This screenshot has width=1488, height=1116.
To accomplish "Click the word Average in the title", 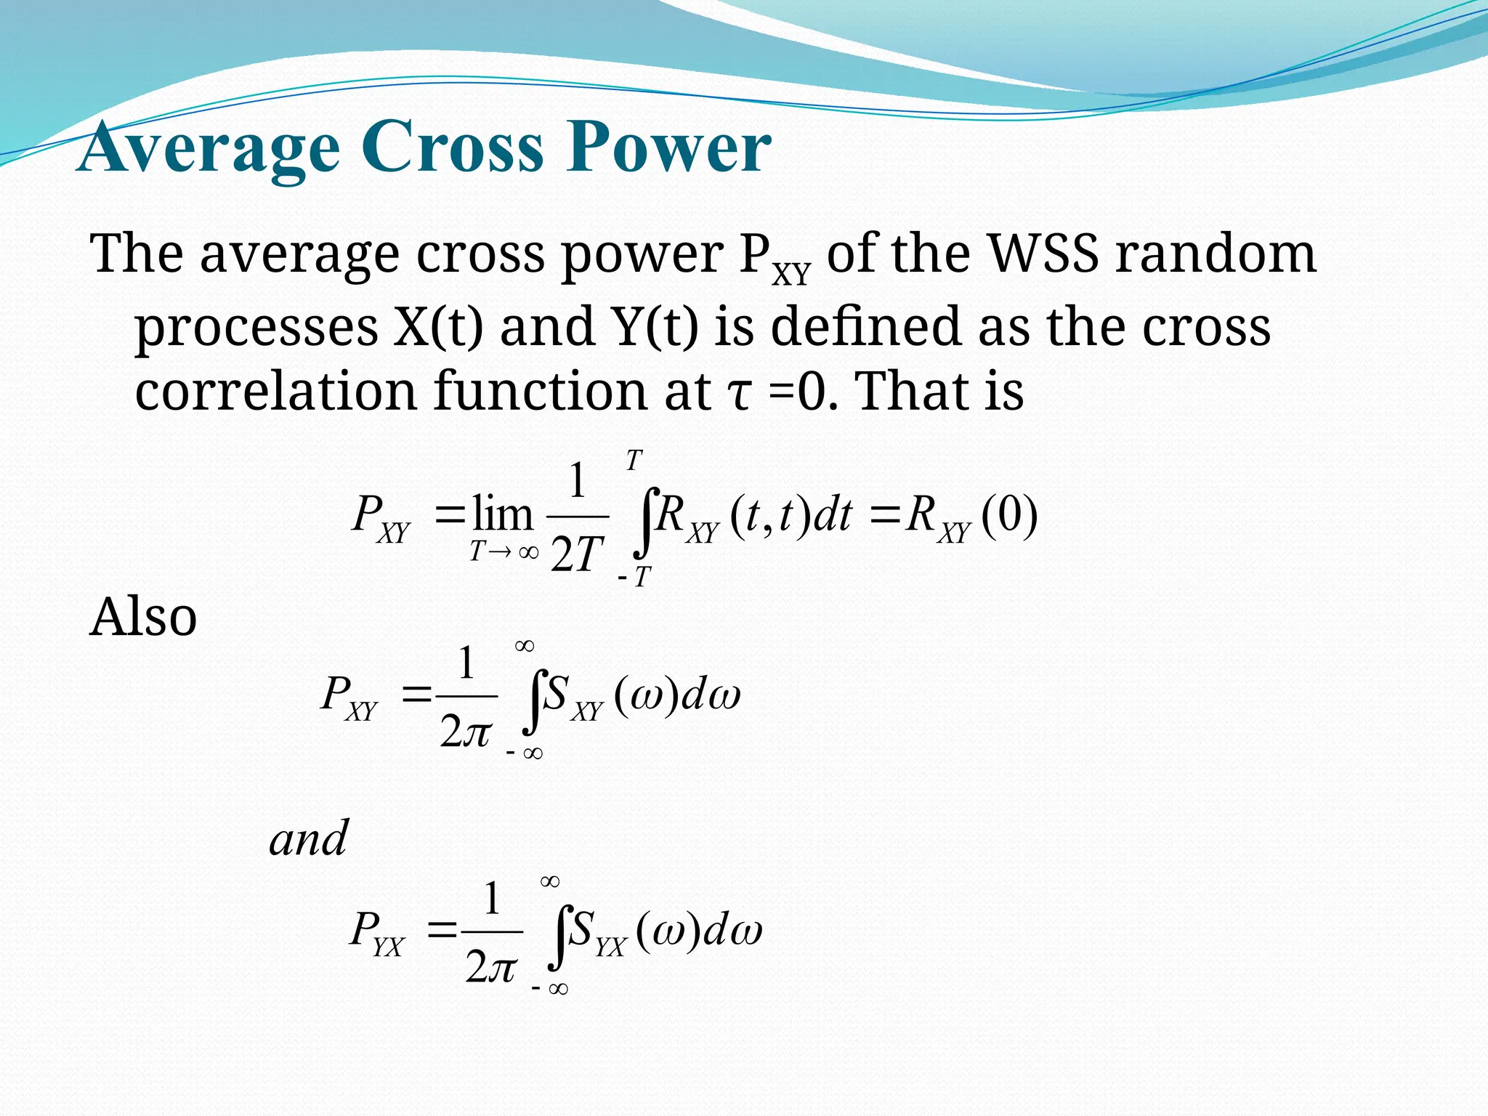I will click(209, 149).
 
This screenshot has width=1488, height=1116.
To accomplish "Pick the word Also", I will click(143, 617).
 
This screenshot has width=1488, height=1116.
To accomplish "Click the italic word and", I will click(308, 839).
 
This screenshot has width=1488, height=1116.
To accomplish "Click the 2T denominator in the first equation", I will click(577, 556).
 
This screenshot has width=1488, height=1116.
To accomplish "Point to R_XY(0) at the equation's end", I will click(971, 517).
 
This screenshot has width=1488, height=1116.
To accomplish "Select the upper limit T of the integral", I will click(634, 461).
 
